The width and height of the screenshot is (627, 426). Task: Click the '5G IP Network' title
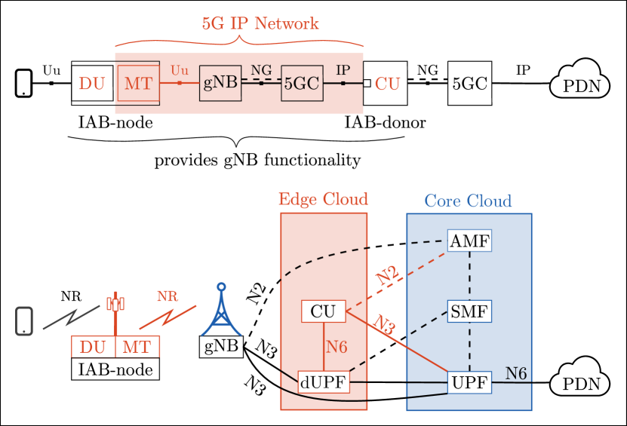coord(260,23)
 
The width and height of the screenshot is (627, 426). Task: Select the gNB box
coord(220,84)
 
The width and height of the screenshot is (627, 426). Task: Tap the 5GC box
coord(302,84)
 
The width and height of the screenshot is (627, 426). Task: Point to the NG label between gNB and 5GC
coord(261,70)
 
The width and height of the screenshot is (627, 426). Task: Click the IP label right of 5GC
coord(343,70)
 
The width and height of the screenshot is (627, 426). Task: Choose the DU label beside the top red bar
coord(92,84)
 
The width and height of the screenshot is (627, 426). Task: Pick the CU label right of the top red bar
coord(388,84)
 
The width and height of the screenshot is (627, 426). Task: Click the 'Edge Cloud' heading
coord(323,199)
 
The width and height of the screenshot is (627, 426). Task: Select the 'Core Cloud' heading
coord(468,201)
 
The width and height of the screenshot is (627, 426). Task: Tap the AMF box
coord(469,241)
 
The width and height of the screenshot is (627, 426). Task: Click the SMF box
coord(469,311)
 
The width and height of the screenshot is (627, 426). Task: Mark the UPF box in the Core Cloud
coord(469,382)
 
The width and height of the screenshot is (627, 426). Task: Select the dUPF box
coord(323,382)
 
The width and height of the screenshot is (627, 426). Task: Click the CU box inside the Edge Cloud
coord(323,311)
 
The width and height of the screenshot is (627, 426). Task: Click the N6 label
coord(516,372)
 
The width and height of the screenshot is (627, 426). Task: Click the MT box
coord(137,347)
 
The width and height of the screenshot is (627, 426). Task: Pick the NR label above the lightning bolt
coord(168,296)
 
